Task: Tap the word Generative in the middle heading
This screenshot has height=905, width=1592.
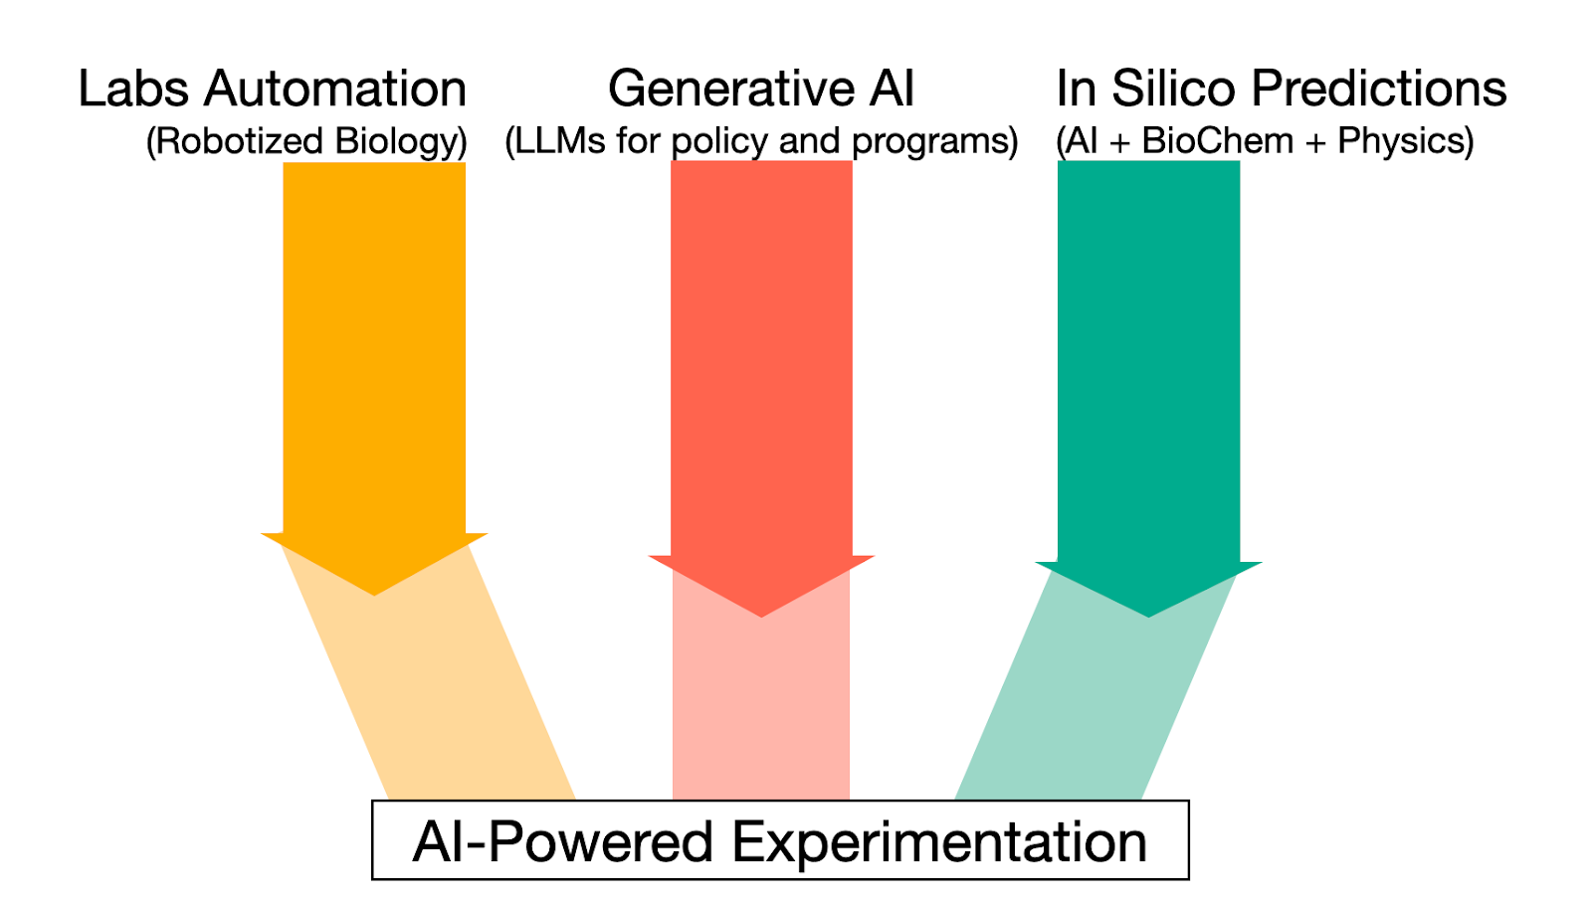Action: click(730, 90)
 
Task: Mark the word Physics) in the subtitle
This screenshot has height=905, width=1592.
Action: click(1406, 142)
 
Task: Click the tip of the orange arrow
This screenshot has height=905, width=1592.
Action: click(374, 594)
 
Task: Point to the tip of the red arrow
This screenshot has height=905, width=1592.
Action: click(761, 616)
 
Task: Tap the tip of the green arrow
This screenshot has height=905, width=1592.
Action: click(1149, 616)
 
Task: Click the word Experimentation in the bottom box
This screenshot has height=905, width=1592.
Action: click(939, 842)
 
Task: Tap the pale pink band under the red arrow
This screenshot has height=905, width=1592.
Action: click(761, 716)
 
